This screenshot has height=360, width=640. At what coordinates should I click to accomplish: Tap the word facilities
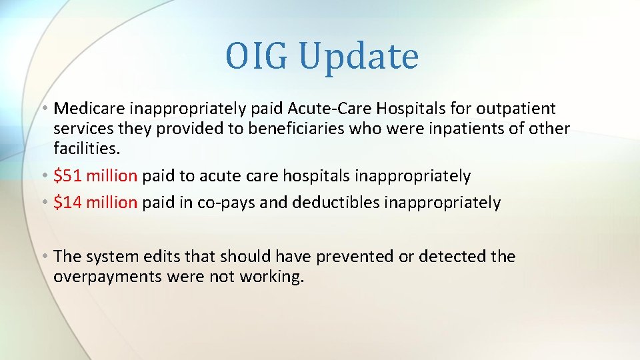coord(82,149)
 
